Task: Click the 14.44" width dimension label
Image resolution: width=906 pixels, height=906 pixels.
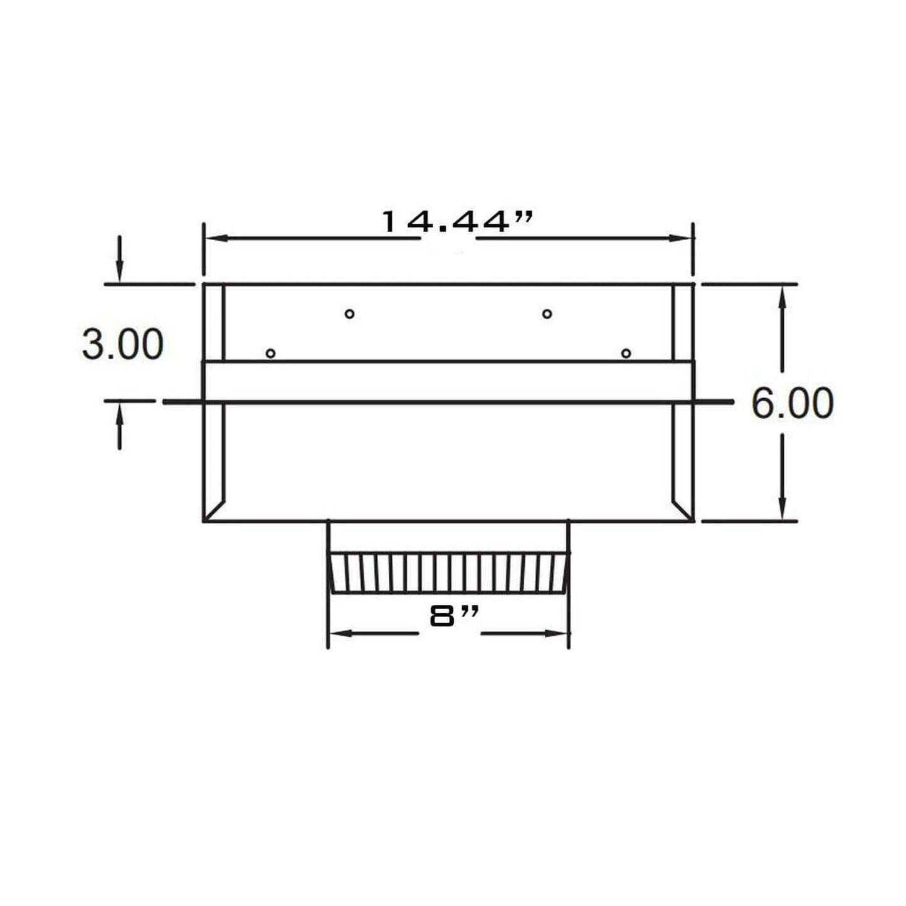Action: pos(458,222)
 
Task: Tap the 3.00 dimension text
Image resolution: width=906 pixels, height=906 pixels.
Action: pos(123,344)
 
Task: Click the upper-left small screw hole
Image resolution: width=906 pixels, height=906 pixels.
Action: pos(350,313)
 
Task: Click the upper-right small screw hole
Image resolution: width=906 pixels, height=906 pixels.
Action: pos(547,313)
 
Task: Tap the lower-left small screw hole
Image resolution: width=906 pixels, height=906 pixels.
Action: pos(270,354)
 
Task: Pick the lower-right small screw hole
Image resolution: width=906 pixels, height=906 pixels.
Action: pos(626,354)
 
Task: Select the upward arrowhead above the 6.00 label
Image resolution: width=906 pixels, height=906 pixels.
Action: pos(781,295)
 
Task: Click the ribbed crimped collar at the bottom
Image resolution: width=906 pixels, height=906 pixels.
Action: pos(448,572)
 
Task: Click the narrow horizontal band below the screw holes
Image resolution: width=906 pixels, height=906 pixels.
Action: pos(448,381)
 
